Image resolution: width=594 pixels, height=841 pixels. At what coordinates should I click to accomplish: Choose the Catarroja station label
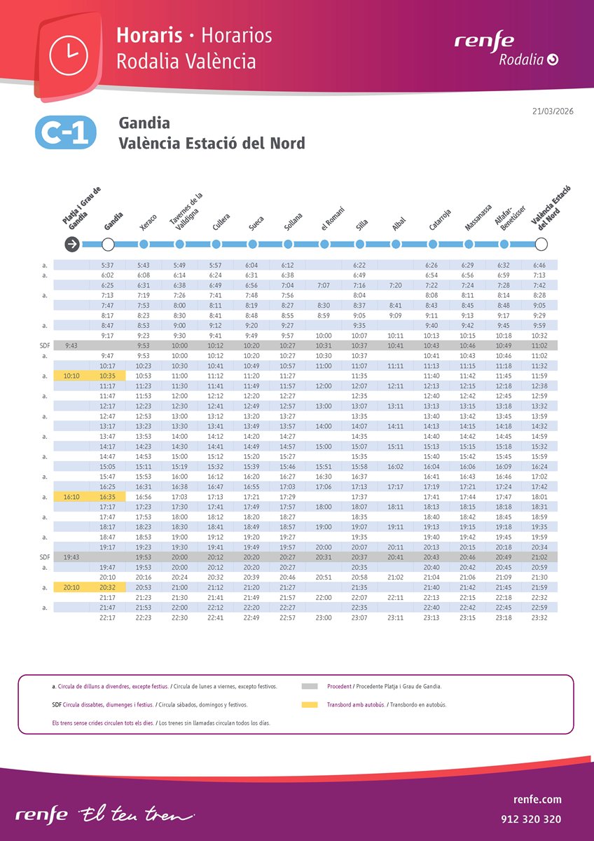click(440, 220)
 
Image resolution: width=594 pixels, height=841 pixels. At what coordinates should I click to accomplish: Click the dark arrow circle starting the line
click(71, 244)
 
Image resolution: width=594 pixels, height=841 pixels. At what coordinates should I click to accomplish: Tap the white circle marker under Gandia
click(108, 244)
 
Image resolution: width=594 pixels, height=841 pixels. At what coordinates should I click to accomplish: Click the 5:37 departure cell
click(107, 265)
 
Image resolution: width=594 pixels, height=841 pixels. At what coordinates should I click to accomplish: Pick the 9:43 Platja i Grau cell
click(71, 346)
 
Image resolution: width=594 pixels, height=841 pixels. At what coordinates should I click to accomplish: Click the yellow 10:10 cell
click(71, 376)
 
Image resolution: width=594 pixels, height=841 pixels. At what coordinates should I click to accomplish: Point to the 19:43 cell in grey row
click(71, 556)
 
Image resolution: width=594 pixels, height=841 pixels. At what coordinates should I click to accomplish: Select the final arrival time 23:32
click(539, 617)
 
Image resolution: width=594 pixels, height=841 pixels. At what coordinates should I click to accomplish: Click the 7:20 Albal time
click(395, 285)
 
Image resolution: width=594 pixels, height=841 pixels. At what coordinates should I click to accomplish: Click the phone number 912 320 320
click(531, 819)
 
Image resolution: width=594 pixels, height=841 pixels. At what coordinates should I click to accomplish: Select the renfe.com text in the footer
click(537, 799)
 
